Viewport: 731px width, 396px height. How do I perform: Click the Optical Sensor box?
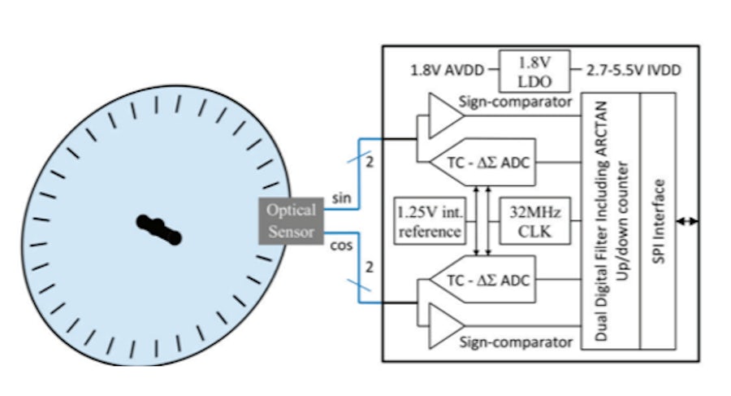click(x=290, y=220)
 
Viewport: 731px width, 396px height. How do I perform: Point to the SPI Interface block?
click(x=659, y=220)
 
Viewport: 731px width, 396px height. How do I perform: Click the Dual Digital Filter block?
click(x=611, y=220)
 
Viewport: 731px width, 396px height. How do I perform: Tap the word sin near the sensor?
click(x=341, y=198)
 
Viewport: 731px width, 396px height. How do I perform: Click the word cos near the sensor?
click(x=342, y=245)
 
